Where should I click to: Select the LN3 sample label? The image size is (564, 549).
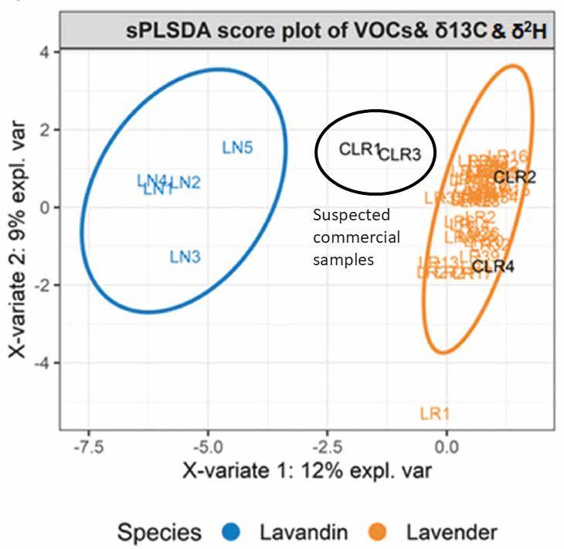185,257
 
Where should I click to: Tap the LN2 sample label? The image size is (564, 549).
185,183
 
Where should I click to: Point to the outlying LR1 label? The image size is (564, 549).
434,414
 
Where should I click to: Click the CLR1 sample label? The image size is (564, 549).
360,149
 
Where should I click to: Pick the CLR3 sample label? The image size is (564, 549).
400,155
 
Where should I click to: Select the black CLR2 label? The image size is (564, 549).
515,177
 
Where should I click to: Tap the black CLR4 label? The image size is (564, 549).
494,268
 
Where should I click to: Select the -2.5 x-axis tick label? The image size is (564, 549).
327,446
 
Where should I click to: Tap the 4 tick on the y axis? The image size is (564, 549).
45,52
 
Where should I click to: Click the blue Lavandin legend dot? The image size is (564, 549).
236,532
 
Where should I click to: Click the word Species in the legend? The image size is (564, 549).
159,532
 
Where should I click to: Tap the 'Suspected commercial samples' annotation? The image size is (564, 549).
356,237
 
